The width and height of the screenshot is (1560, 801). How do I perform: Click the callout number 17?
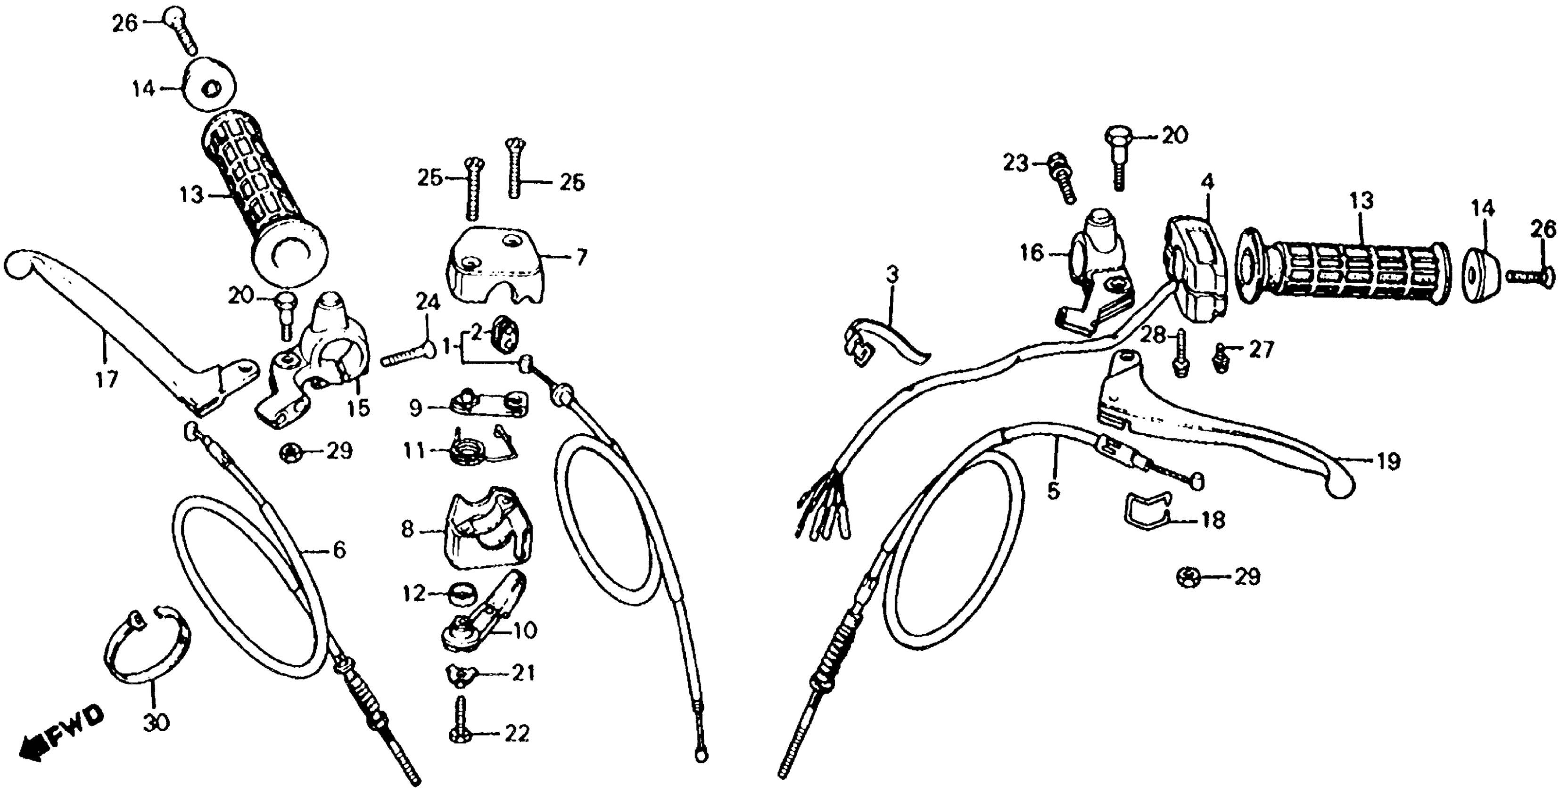click(106, 380)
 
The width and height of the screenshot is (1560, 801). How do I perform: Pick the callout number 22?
click(517, 734)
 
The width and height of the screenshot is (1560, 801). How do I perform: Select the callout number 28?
click(1156, 335)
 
